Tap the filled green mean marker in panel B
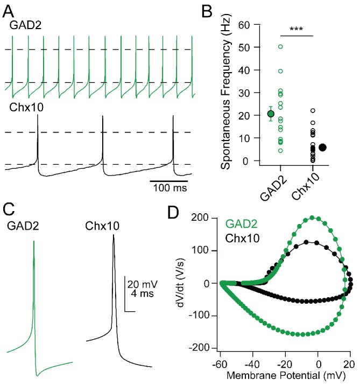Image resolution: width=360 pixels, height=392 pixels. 271,113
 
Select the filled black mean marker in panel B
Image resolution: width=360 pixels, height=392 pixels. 322,147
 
